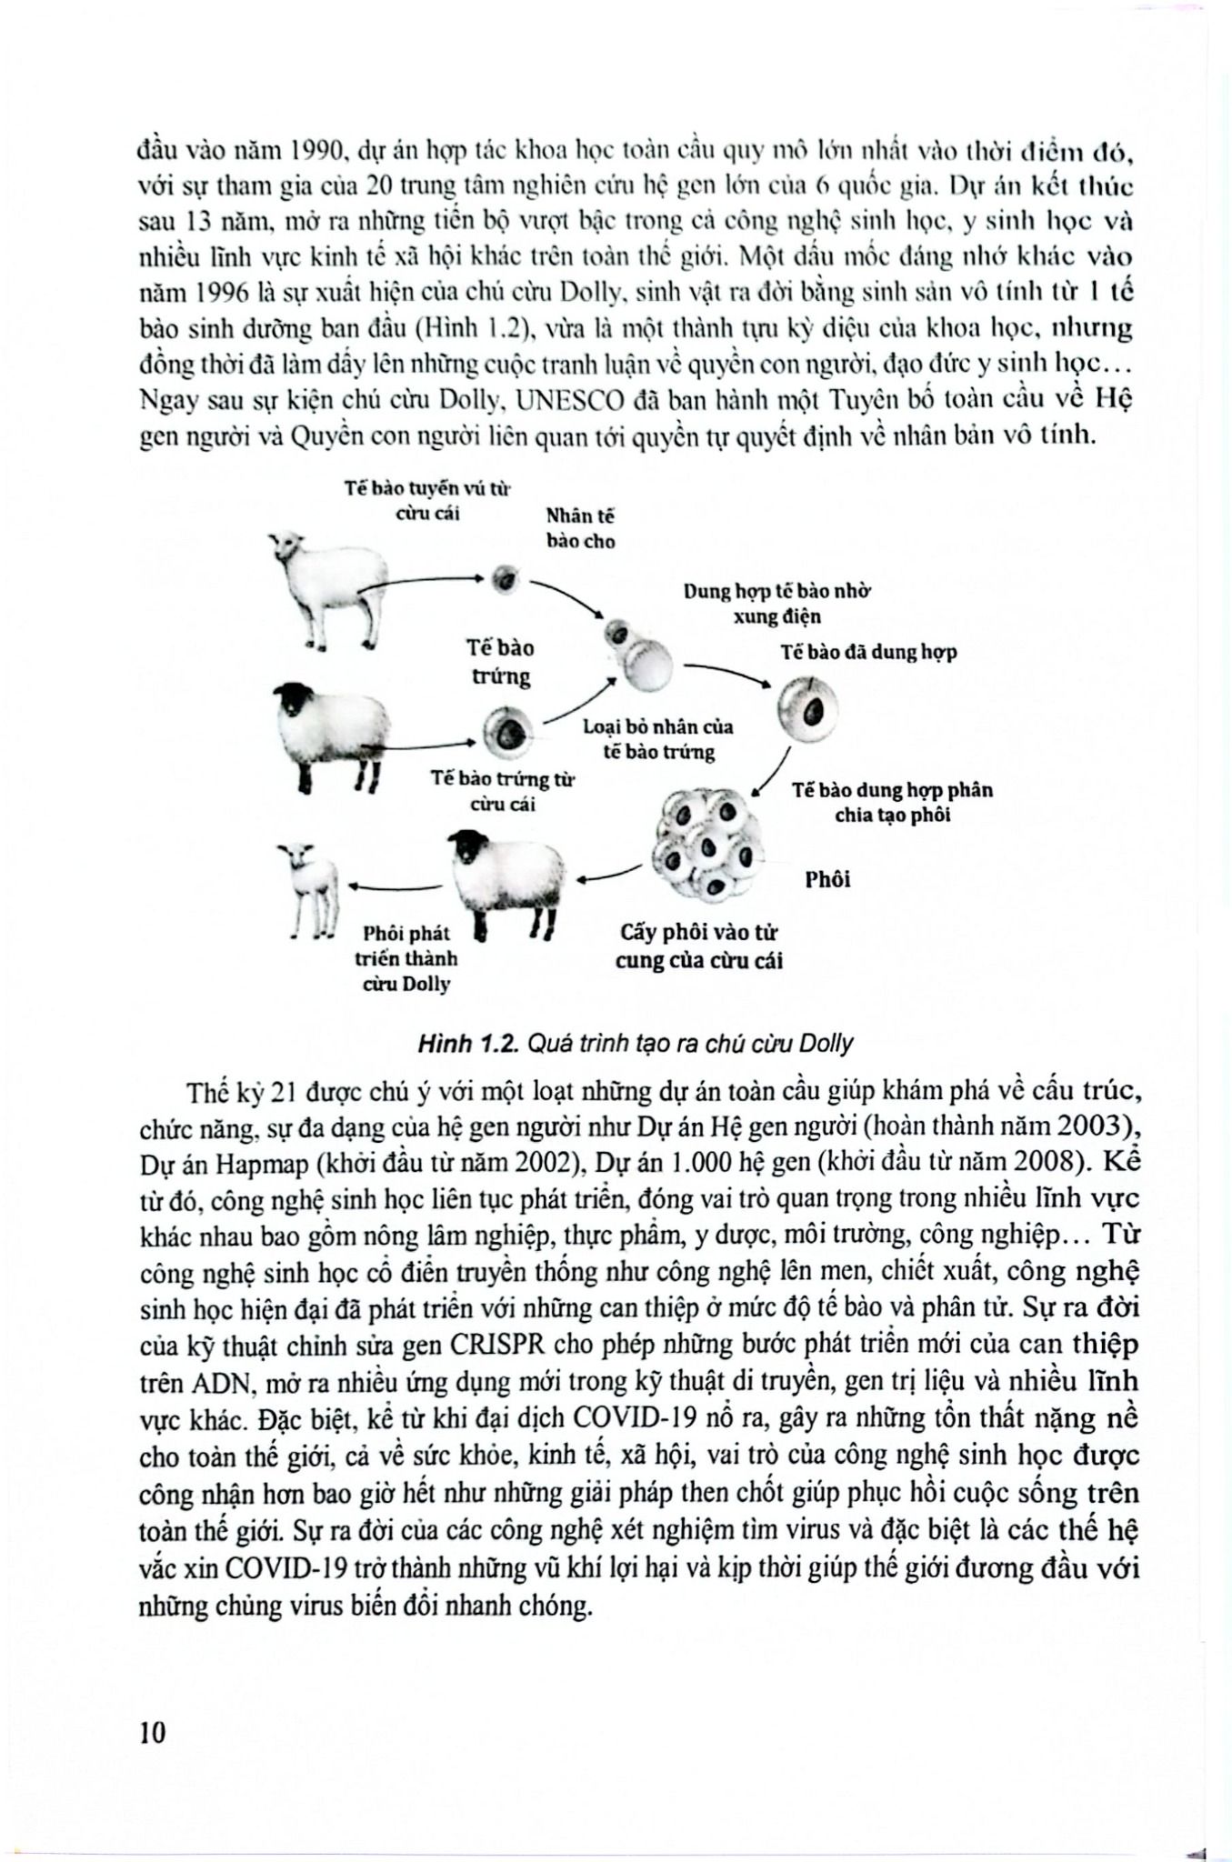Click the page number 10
(154, 1732)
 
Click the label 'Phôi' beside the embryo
(827, 879)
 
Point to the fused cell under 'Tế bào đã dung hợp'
(806, 708)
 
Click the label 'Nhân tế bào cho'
(580, 528)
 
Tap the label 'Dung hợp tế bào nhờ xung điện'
(777, 604)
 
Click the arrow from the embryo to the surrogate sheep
(608, 875)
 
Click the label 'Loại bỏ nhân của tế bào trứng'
(657, 739)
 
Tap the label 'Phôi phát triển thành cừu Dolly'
(406, 958)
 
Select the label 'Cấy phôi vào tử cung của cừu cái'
(698, 946)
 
